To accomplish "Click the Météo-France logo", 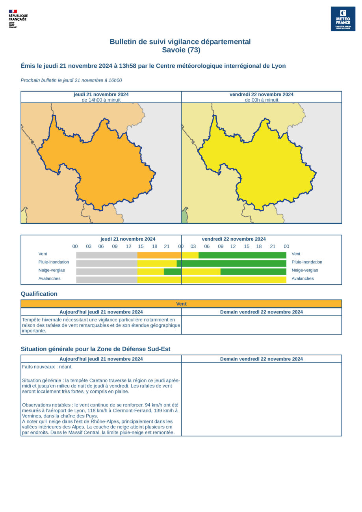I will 343,19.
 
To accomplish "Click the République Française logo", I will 18,19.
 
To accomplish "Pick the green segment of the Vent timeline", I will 242,255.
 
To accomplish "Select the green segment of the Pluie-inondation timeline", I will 232,263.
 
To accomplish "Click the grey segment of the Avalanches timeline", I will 106,280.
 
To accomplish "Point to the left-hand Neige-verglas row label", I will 52,270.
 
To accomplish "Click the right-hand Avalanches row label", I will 303,278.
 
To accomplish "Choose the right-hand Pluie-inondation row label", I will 307,262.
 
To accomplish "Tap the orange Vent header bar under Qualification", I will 181,304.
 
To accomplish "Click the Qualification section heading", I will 39,294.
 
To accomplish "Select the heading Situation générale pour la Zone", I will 95,349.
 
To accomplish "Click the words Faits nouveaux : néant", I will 47,367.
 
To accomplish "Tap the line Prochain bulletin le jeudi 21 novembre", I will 71,80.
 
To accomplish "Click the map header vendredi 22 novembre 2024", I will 261,95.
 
